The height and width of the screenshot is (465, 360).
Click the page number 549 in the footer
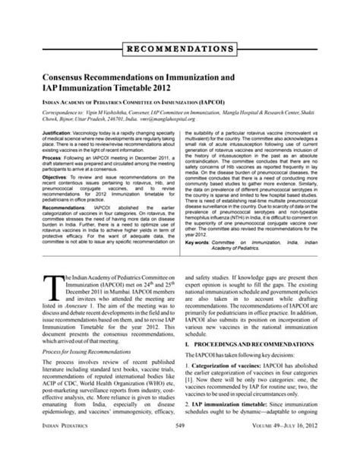(180, 451)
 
